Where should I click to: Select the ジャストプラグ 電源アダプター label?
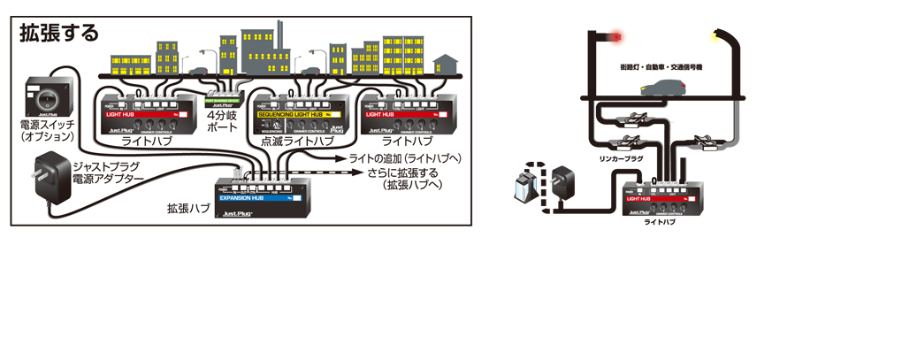110,173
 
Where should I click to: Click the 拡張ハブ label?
188,209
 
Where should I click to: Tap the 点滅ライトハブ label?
297,142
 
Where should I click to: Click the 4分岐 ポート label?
222,121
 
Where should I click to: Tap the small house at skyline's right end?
447,65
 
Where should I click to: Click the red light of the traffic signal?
616,37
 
